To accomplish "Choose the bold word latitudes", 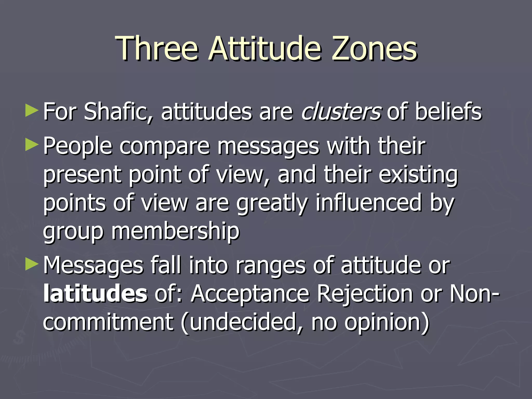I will (95, 294).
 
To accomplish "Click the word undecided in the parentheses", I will (243, 322).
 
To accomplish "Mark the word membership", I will (175, 231).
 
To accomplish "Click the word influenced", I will (369, 203).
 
